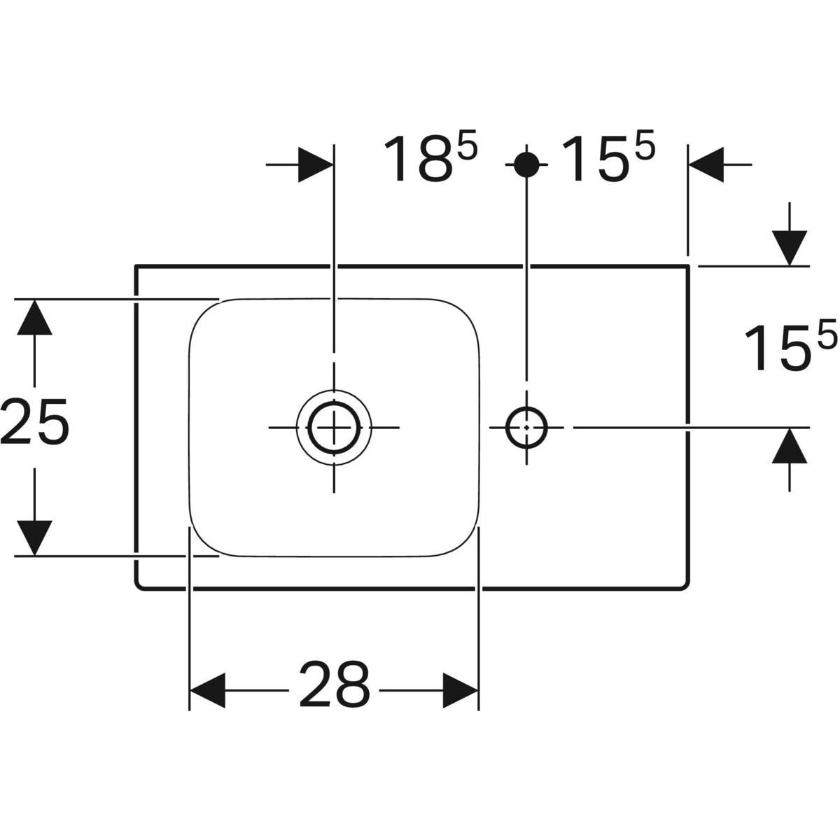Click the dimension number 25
tap(35, 422)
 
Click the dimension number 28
tap(335, 690)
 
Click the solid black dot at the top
tap(526, 164)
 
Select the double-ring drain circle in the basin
tap(334, 428)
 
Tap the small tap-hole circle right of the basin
tap(526, 428)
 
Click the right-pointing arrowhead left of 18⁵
tap(316, 164)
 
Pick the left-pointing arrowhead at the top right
tap(706, 164)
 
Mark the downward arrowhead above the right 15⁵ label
tap(789, 248)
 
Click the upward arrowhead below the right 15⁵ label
tap(789, 445)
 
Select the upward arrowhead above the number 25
tap(35, 317)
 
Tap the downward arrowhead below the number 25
tap(35, 538)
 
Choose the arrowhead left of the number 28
tap(207, 690)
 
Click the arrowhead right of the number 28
tap(461, 690)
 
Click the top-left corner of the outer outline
tap(136, 266)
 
